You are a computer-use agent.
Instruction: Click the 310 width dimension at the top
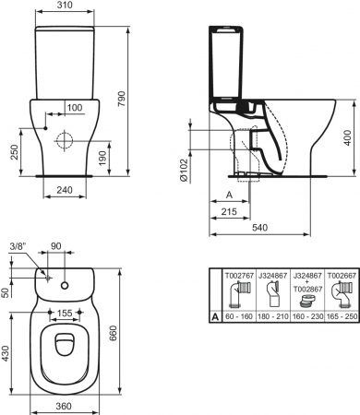65,5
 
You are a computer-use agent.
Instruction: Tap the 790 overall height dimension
122,99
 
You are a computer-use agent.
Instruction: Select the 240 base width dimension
65,190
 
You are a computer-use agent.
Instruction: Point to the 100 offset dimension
75,108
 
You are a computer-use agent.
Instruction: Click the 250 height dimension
15,152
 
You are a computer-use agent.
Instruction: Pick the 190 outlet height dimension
102,158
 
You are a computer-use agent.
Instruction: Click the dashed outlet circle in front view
65,140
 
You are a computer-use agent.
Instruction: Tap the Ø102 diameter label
183,170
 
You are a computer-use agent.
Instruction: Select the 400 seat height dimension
347,138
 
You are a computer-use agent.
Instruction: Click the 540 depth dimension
260,228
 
